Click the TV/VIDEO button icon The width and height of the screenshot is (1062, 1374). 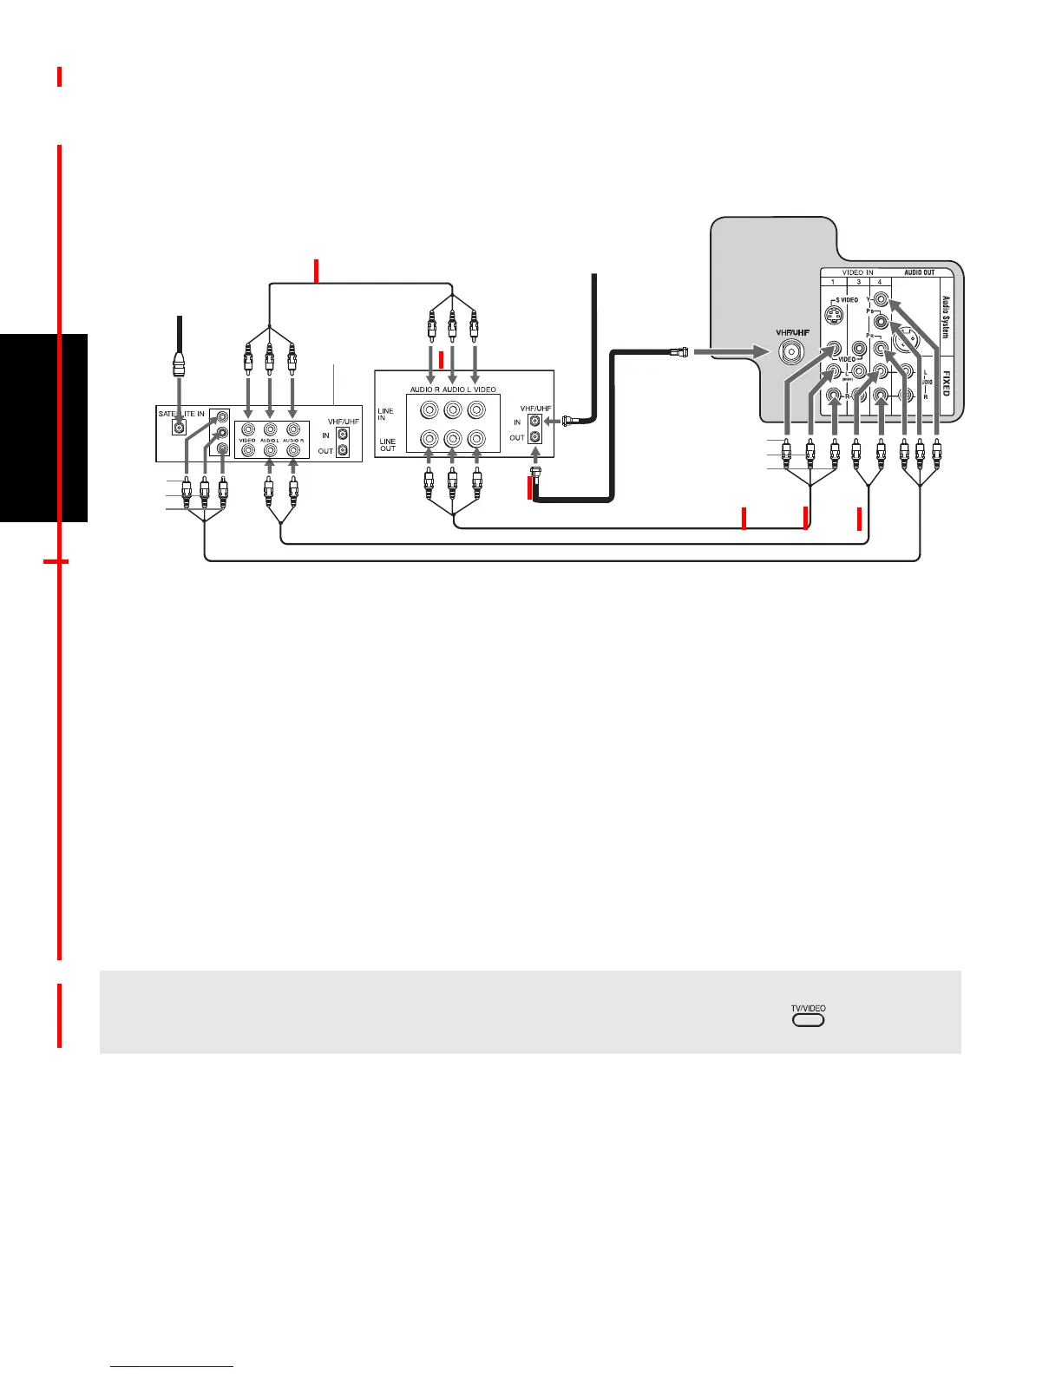click(808, 1019)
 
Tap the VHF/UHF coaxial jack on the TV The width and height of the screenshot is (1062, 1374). click(790, 351)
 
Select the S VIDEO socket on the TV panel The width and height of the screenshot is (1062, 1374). click(834, 315)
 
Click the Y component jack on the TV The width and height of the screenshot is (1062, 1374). click(882, 300)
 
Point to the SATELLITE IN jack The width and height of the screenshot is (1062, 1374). click(180, 427)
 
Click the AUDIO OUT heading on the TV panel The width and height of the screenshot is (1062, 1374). click(919, 272)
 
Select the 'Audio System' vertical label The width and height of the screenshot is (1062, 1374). click(946, 317)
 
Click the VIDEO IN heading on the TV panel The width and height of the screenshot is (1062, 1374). click(857, 272)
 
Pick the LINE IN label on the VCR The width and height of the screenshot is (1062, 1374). click(385, 414)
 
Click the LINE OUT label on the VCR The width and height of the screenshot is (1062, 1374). click(387, 445)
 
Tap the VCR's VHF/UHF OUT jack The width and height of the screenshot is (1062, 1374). click(535, 437)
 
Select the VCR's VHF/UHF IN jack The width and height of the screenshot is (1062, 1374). click(535, 421)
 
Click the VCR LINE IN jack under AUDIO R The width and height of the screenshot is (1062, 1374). click(428, 410)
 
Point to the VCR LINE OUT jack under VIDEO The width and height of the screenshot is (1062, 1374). click(476, 440)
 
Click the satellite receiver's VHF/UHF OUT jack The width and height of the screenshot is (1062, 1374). click(344, 450)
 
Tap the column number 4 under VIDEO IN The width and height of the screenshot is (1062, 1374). click(879, 282)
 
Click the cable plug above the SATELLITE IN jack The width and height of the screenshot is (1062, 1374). click(180, 365)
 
